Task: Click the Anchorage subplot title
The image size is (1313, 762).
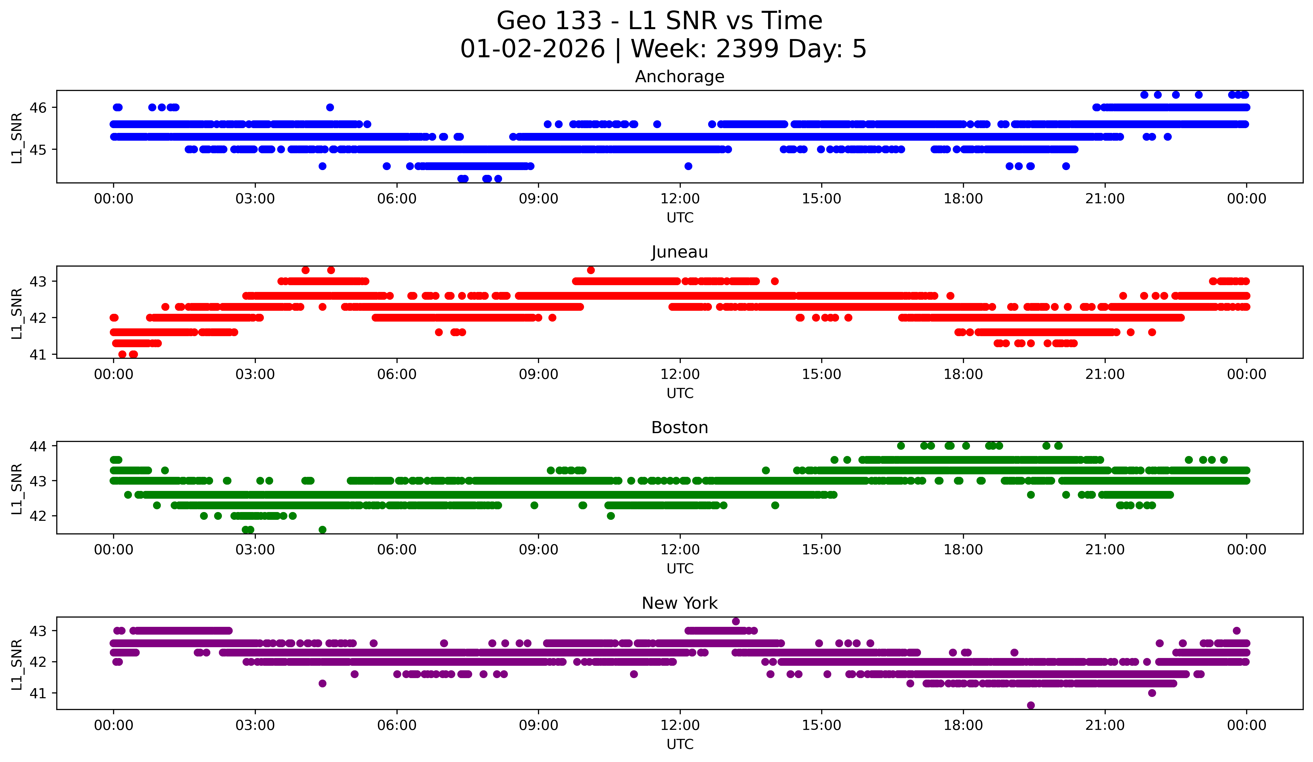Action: click(679, 77)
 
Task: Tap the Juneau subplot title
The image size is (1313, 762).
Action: click(679, 252)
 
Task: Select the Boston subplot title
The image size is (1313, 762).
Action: click(679, 428)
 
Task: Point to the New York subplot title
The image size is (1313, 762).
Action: click(679, 603)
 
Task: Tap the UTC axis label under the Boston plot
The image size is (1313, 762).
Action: click(679, 569)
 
